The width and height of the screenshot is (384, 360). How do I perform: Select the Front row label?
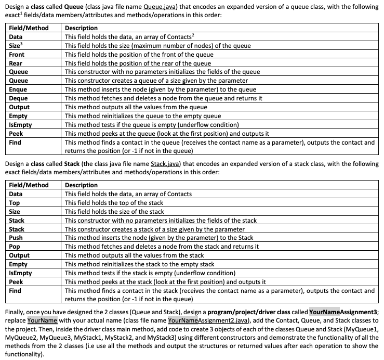pos(17,55)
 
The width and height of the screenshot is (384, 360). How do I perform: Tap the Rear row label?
pos(17,63)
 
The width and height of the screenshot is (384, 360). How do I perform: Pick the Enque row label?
pos(19,89)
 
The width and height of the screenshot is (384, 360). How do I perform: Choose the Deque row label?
pos(19,98)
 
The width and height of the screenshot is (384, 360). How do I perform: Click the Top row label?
pos(16,203)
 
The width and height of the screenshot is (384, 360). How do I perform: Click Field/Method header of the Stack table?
pos(29,185)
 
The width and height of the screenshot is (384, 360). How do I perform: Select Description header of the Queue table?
pos(81,28)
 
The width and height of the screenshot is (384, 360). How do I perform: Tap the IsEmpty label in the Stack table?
pos(21,273)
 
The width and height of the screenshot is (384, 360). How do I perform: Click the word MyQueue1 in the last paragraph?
pos(364,330)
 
